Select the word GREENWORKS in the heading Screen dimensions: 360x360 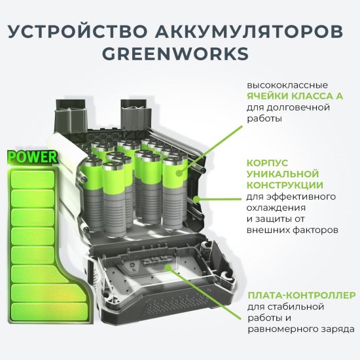pyautogui.click(x=179, y=53)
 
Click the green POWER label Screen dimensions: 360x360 pyautogui.click(x=32, y=157)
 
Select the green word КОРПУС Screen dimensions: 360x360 pyautogui.click(x=266, y=164)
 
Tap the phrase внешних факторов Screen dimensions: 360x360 pyautogui.click(x=292, y=230)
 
